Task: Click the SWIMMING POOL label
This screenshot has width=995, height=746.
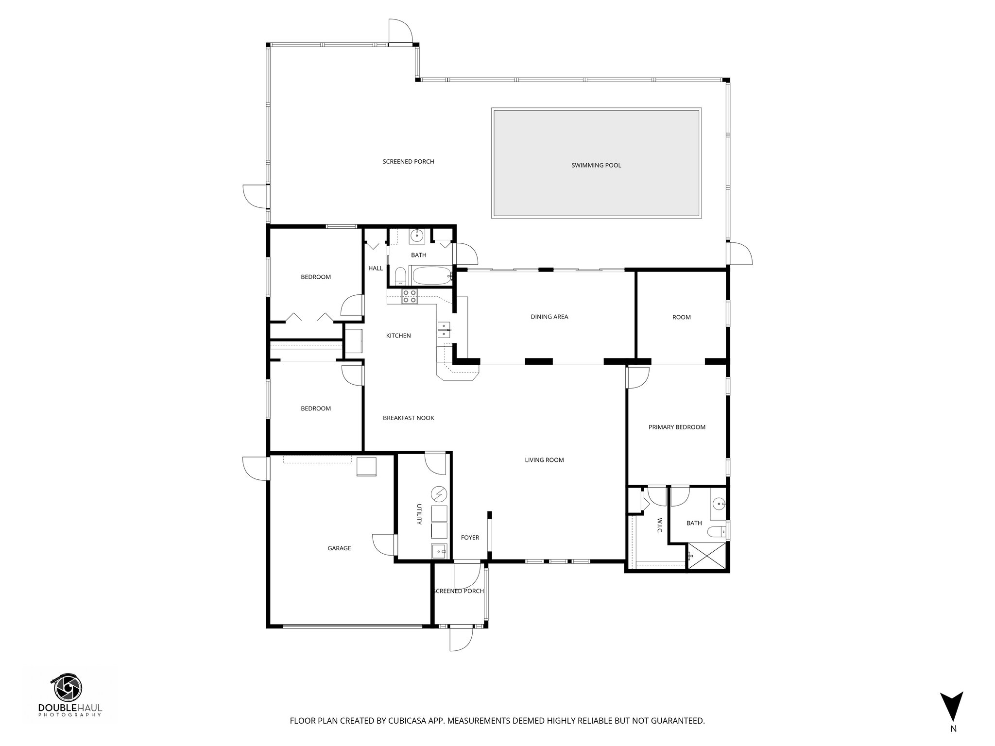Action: (x=596, y=165)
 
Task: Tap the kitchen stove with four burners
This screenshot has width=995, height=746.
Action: (x=409, y=296)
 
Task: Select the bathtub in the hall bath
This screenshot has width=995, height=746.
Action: (x=430, y=276)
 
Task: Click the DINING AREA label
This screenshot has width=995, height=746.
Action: (x=549, y=317)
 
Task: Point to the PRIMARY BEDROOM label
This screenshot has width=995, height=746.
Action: (x=677, y=427)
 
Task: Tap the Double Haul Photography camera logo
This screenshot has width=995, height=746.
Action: (x=68, y=688)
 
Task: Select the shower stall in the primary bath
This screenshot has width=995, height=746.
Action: (x=707, y=556)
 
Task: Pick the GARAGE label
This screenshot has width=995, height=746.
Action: (x=339, y=548)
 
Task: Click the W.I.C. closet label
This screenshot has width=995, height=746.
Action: (x=660, y=526)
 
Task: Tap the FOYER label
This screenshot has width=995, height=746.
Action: (x=470, y=538)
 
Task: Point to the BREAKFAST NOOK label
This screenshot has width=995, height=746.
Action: (x=408, y=418)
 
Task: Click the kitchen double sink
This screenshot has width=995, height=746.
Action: (x=445, y=329)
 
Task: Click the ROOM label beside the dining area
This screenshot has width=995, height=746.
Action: (x=681, y=317)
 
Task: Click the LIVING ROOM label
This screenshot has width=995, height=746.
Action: (x=544, y=460)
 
